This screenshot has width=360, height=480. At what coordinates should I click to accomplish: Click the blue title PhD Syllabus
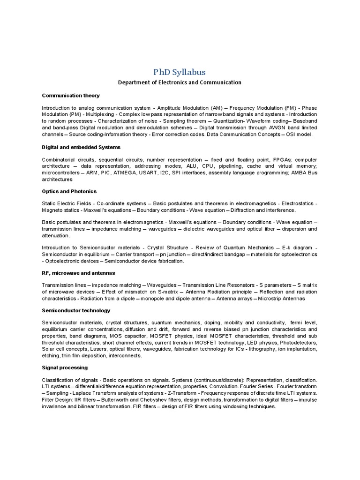(180, 72)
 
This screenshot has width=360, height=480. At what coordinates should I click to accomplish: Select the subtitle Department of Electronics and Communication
(180, 82)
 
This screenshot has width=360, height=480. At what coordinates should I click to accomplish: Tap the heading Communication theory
(71, 96)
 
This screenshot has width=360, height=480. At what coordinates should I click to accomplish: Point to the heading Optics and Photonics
(69, 192)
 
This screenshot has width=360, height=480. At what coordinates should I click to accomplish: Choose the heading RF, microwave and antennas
(78, 273)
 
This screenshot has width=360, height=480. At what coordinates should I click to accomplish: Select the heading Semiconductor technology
(76, 310)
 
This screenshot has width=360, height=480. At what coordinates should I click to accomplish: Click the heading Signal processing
(65, 367)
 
